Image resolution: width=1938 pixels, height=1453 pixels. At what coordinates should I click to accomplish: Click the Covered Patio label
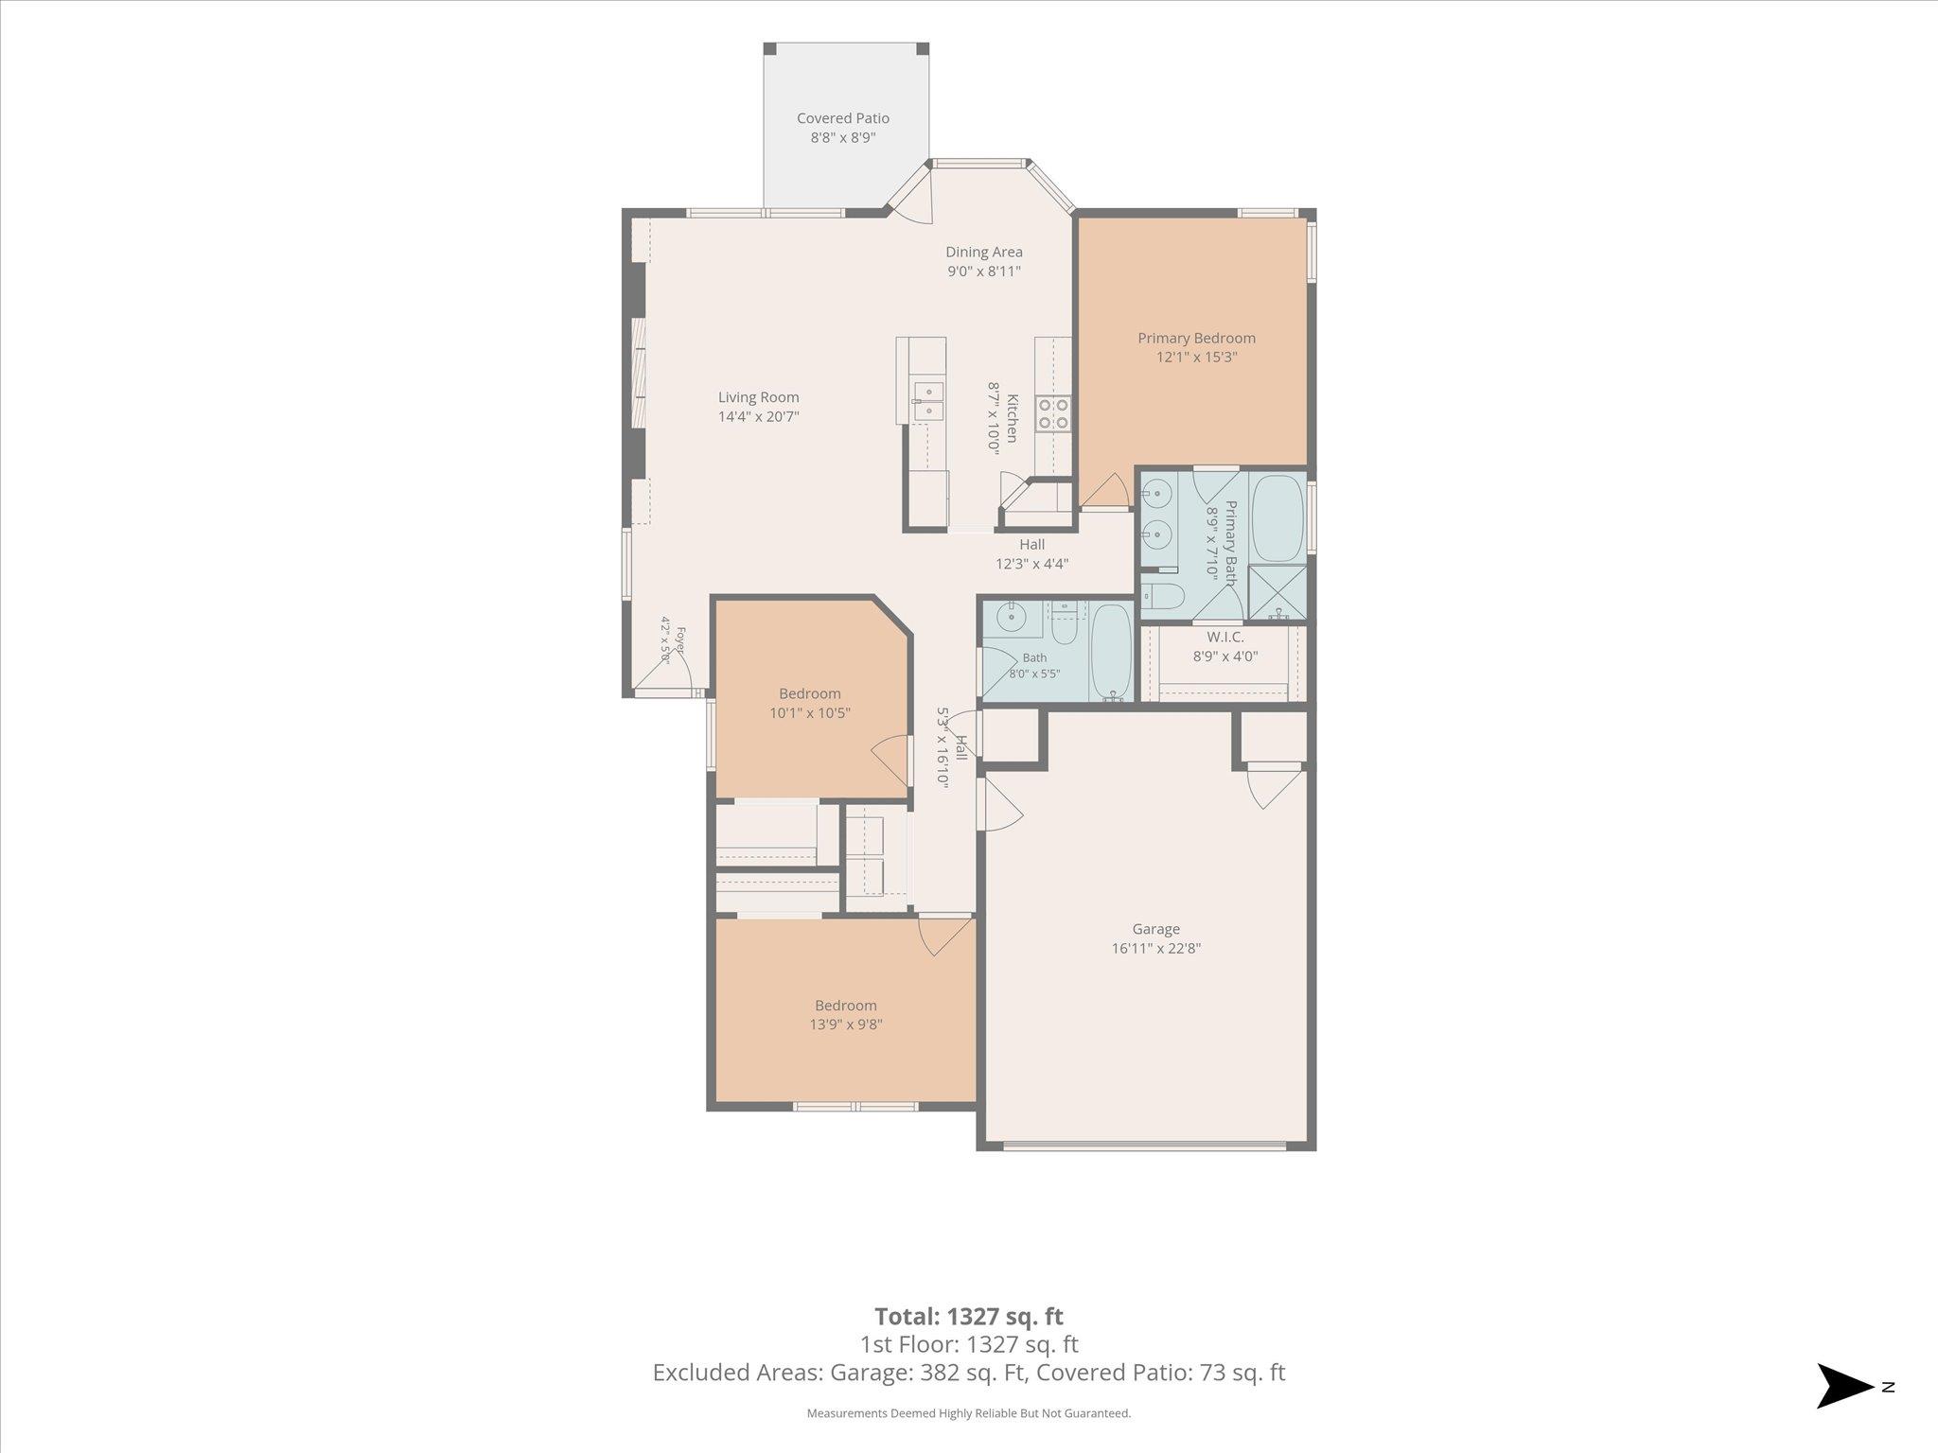pyautogui.click(x=843, y=118)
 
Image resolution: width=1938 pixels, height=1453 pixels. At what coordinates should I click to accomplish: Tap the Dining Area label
pyautogui.click(x=984, y=252)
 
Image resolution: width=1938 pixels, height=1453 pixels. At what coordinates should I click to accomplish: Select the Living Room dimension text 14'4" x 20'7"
pyautogui.click(x=759, y=416)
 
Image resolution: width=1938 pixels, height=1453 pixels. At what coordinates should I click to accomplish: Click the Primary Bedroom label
pyautogui.click(x=1196, y=338)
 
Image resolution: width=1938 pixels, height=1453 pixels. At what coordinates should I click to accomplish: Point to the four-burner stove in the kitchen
pyautogui.click(x=1053, y=413)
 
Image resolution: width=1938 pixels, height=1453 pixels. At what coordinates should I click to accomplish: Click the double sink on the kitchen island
pyautogui.click(x=928, y=401)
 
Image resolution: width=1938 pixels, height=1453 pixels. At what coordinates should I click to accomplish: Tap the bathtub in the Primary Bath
pyautogui.click(x=1277, y=518)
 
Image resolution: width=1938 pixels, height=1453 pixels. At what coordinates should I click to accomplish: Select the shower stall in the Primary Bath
pyautogui.click(x=1277, y=593)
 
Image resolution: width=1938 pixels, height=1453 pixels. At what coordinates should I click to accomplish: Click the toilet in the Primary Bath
pyautogui.click(x=1162, y=596)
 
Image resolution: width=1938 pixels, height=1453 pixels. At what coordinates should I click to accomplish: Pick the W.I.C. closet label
pyautogui.click(x=1225, y=638)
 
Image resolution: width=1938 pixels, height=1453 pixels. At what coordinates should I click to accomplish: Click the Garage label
pyautogui.click(x=1155, y=929)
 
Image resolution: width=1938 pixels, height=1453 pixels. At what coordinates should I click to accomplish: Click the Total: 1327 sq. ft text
pyautogui.click(x=969, y=1316)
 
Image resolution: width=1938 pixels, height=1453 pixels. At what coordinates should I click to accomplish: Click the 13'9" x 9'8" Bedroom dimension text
pyautogui.click(x=846, y=1024)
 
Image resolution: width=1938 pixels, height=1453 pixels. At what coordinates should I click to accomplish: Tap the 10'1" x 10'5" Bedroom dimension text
pyautogui.click(x=810, y=713)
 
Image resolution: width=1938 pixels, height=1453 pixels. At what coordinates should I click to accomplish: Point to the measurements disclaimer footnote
pyautogui.click(x=969, y=1413)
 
